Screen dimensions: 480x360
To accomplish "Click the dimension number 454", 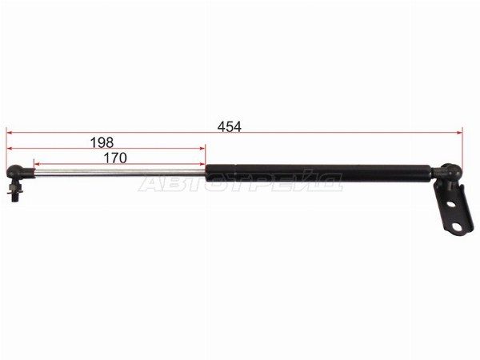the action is tap(230, 126).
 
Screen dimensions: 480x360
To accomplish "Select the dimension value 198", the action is tap(102, 142).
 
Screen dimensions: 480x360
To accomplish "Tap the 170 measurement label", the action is tap(115, 158).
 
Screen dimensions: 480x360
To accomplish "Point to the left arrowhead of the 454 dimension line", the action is tap(9, 133).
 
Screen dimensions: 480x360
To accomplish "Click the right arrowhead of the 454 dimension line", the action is tap(459, 133).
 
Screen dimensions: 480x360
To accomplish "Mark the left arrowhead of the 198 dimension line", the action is tap(9, 149).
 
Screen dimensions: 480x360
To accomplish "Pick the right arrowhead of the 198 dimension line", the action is tap(202, 149).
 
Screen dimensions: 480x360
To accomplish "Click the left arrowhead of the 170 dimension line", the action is tap(38, 164).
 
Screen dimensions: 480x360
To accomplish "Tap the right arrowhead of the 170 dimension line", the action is tap(202, 164).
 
